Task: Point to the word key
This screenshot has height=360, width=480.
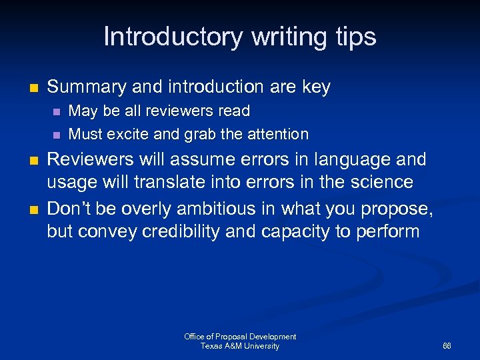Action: [x=315, y=87]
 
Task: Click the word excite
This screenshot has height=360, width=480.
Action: [x=127, y=134]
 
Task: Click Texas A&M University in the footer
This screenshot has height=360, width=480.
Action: [x=240, y=346]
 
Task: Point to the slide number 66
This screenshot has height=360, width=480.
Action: [x=447, y=347]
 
